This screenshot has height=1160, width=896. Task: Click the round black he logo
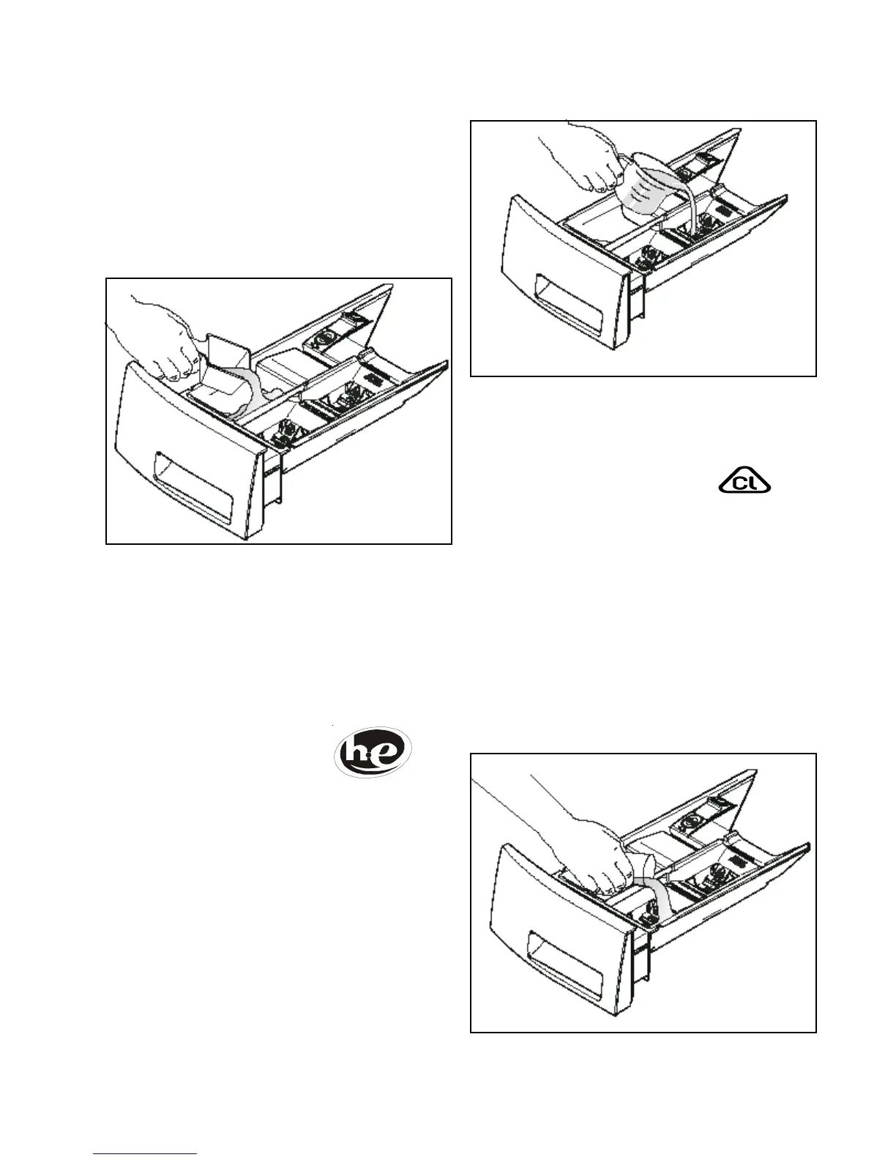[x=373, y=751]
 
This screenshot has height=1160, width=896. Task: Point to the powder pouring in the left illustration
[x=253, y=392]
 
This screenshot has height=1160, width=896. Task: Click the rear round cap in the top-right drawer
[x=689, y=170]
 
